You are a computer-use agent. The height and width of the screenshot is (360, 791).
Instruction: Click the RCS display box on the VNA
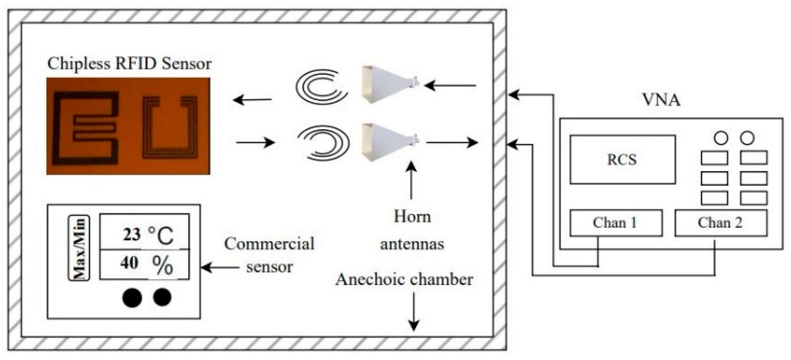622,159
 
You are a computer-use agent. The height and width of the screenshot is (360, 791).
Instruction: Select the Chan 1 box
616,223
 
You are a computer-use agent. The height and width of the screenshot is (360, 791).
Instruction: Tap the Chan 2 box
720,223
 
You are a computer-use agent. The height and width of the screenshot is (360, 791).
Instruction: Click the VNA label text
661,100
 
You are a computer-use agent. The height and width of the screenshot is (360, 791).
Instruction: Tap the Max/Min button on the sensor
79,248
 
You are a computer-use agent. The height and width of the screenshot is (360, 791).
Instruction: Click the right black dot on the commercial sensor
162,297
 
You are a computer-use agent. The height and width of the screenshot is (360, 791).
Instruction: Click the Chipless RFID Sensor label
129,64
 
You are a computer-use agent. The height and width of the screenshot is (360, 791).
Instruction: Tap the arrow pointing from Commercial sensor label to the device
220,268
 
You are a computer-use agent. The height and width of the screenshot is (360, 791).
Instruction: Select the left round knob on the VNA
721,138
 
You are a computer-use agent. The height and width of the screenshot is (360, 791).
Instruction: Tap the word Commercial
269,244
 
